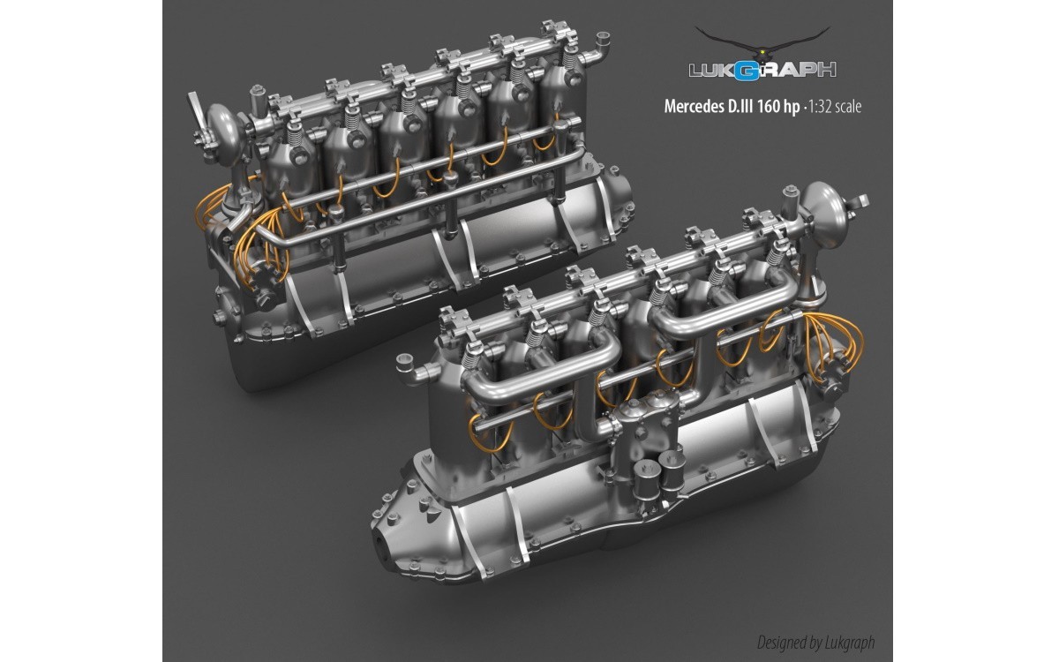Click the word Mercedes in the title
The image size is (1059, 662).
[692, 107]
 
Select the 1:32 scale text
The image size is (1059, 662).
[835, 107]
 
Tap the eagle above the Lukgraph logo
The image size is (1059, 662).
[762, 43]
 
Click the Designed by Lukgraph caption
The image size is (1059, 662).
[816, 643]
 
